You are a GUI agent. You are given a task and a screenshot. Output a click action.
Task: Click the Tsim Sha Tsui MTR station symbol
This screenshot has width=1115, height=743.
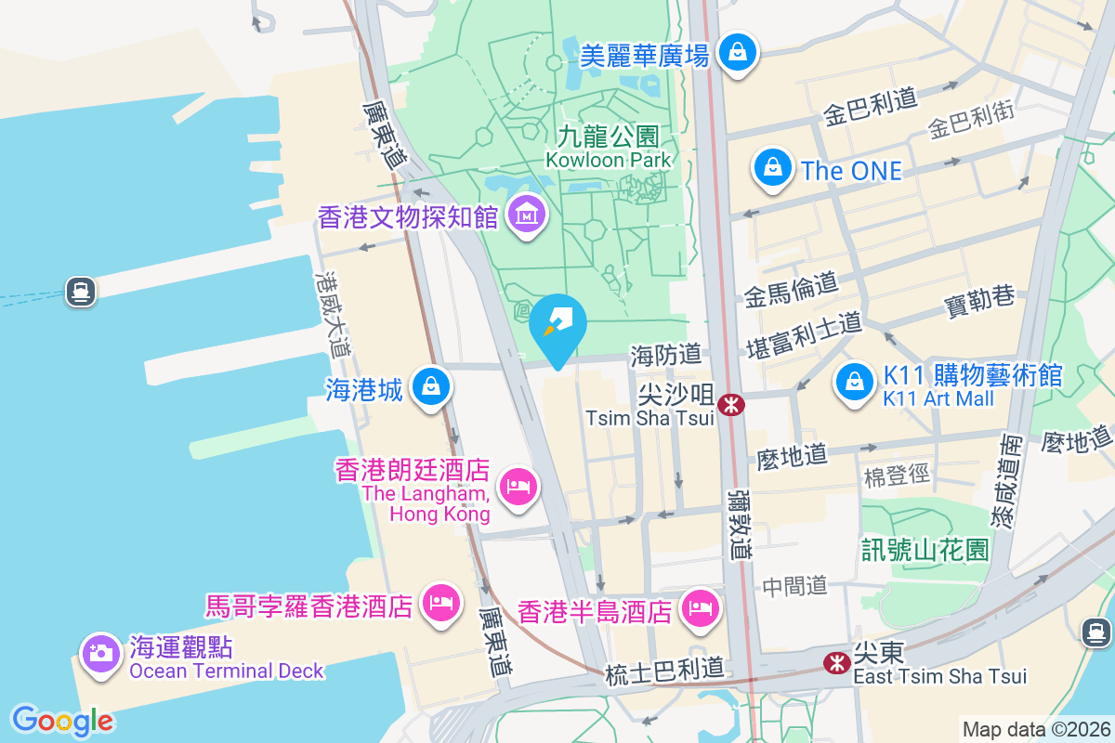pos(732,404)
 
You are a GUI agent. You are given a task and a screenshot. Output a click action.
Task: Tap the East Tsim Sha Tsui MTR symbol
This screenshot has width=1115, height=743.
pos(836,661)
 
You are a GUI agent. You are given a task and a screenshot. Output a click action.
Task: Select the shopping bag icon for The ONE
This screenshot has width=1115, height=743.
pos(772,167)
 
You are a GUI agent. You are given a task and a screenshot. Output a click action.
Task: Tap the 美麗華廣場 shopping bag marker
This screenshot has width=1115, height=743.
pos(739,51)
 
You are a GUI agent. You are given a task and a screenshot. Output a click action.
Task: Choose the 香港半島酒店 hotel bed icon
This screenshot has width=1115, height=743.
pos(700,609)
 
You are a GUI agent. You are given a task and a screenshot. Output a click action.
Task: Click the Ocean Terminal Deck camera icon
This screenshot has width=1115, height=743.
pos(100,652)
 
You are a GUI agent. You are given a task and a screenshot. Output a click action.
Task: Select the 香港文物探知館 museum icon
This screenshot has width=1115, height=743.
pos(527,215)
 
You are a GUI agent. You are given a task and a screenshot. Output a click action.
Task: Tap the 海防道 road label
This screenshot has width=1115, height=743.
pos(665,354)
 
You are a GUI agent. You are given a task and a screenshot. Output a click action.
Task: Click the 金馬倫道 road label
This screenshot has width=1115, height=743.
pos(791,289)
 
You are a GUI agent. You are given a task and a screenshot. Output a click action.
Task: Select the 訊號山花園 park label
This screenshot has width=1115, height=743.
pos(924,550)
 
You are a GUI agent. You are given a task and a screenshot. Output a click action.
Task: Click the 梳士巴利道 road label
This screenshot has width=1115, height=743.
pos(662,669)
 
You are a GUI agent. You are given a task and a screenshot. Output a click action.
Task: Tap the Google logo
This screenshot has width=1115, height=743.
pos(62,721)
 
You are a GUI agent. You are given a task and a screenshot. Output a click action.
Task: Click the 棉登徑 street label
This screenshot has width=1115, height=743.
pos(897,476)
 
